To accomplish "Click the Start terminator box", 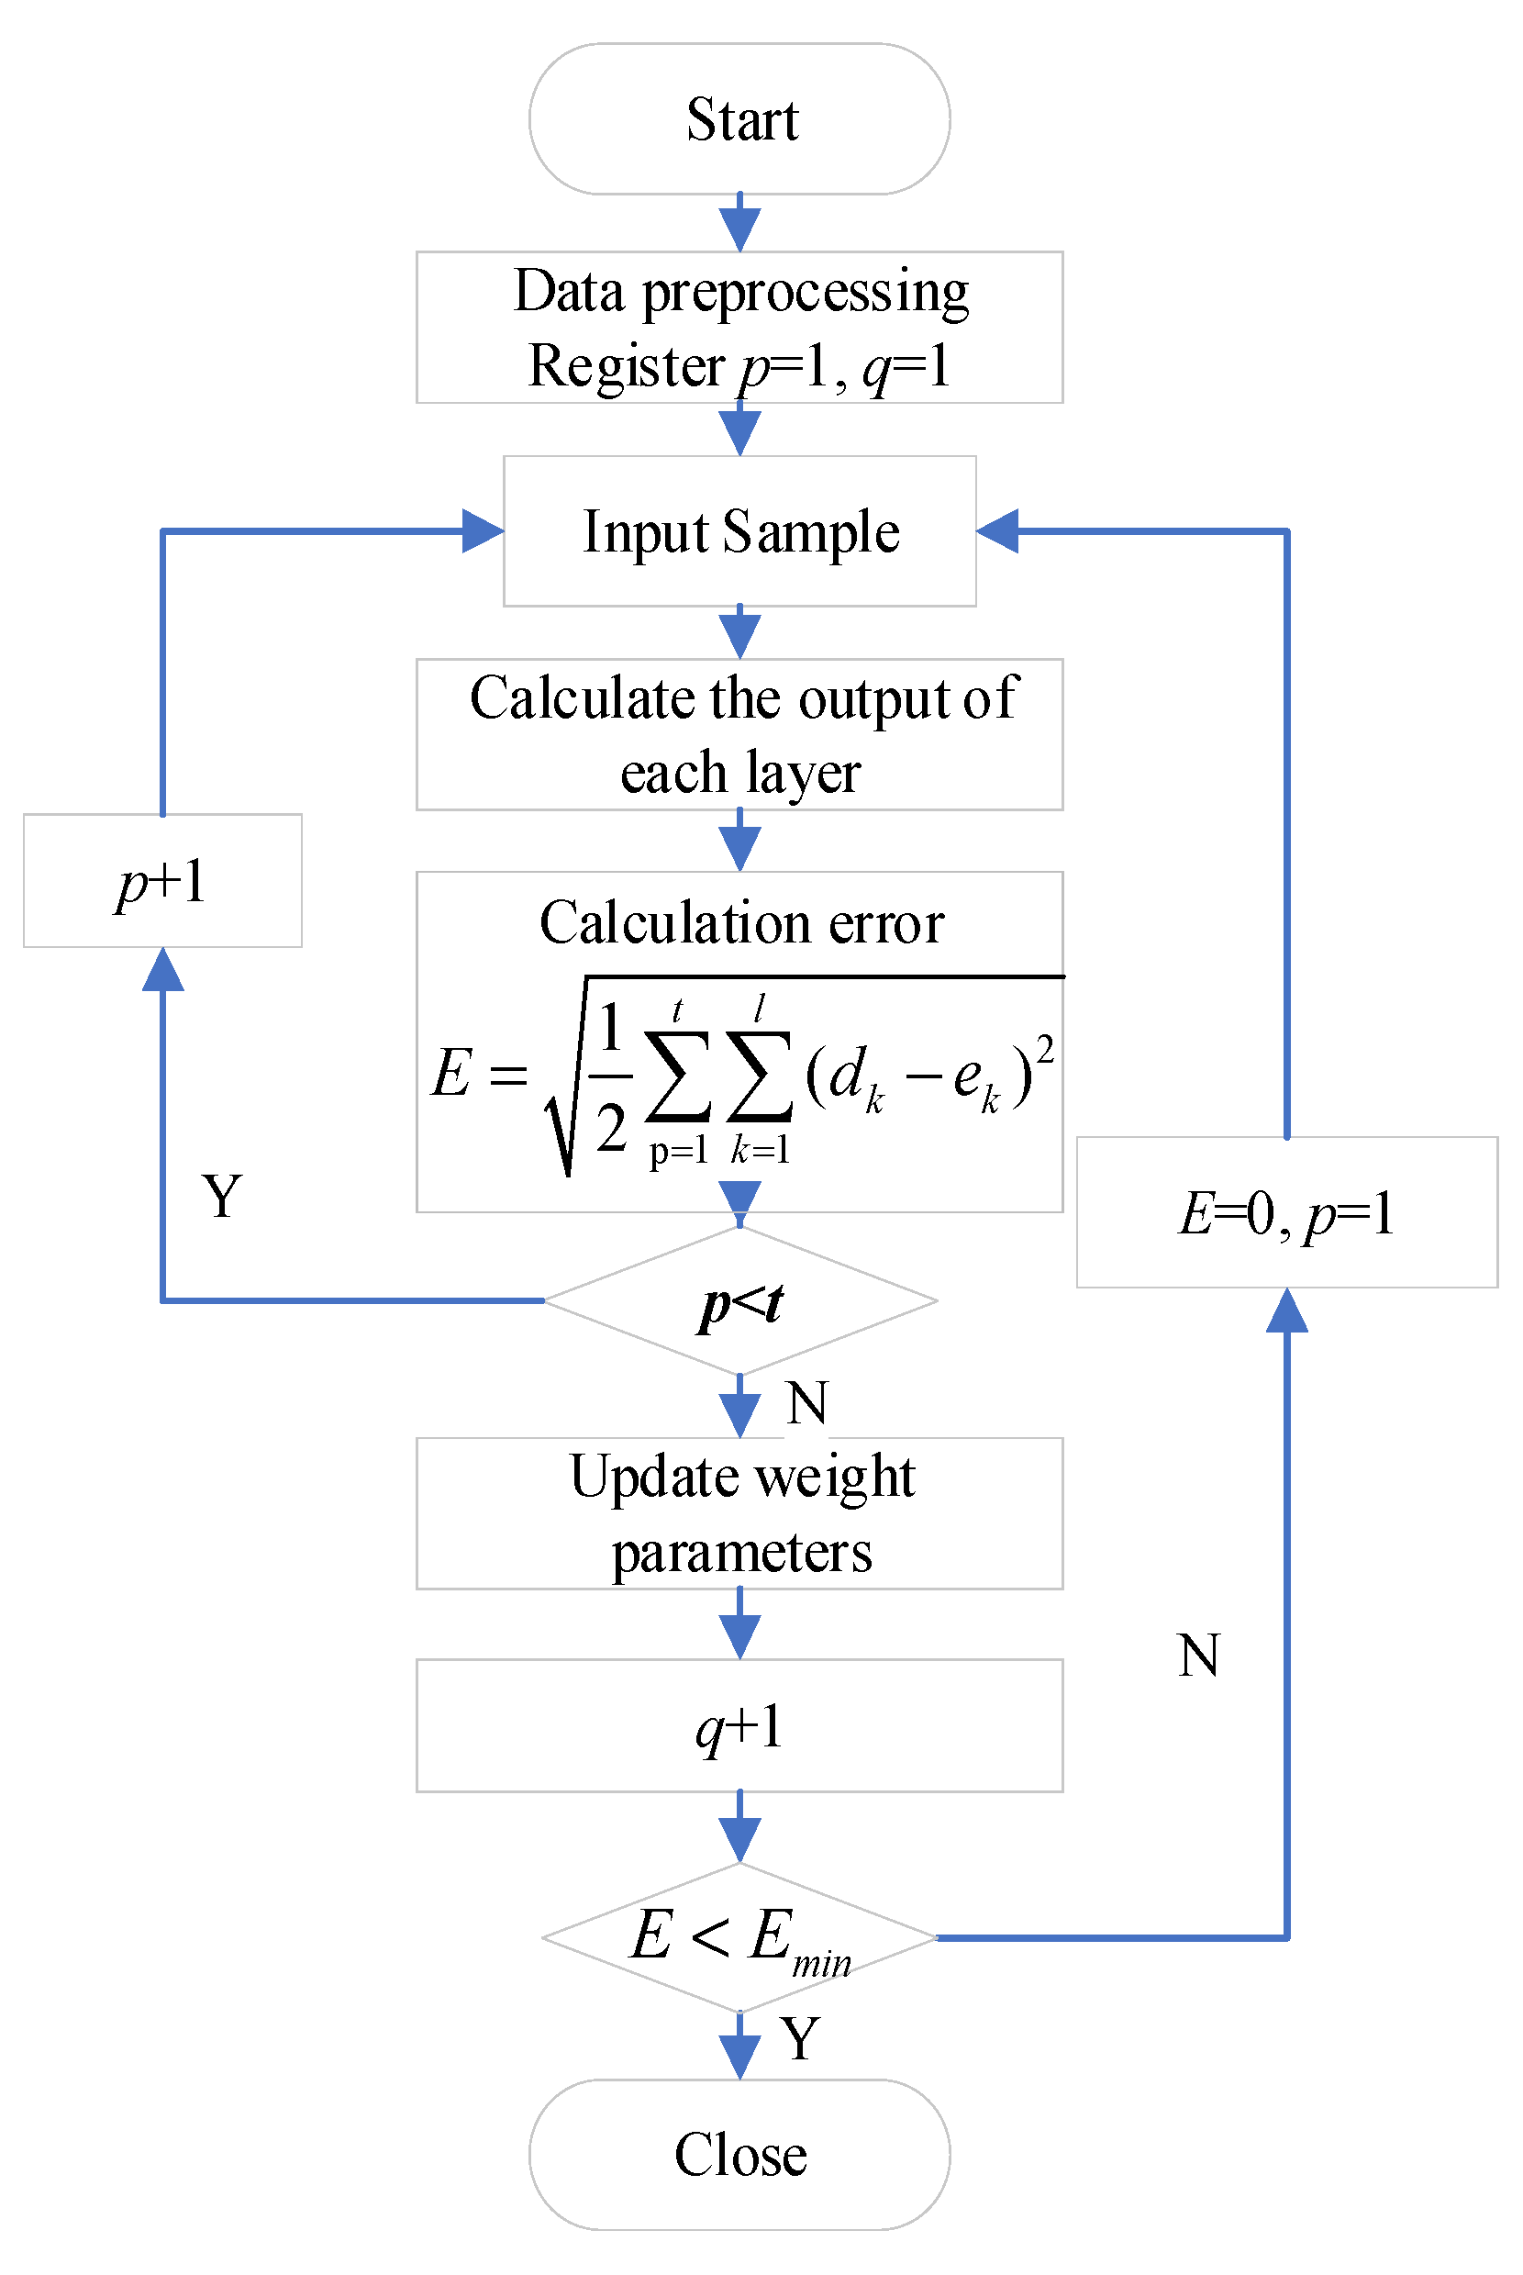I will click(739, 118).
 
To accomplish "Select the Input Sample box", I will click(739, 531).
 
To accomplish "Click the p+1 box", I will click(162, 881).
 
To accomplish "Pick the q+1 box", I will click(739, 1726).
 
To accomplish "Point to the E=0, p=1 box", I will click(1286, 1212).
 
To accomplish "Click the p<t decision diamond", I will click(739, 1301).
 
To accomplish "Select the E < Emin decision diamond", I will click(739, 1937).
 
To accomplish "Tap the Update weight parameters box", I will click(739, 1513).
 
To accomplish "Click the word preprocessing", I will click(806, 292).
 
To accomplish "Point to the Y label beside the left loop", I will click(222, 1196).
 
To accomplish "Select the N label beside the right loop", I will click(1197, 1656).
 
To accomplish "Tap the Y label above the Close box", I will click(800, 2039).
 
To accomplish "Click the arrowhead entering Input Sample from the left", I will click(483, 531).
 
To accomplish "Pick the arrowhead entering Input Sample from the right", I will click(997, 531).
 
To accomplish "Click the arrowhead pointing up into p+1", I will click(162, 969).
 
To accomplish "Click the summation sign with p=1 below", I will click(678, 1078).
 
